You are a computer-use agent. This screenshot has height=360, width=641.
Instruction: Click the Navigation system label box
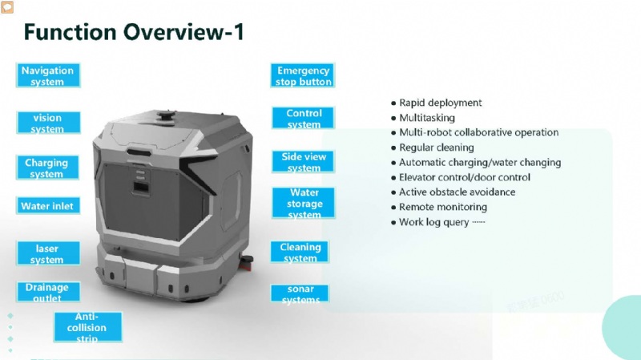48,75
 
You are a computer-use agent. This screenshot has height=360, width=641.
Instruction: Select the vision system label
48,123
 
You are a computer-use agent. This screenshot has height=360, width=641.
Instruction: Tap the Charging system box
47,168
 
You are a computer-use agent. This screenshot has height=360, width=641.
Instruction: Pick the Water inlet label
48,205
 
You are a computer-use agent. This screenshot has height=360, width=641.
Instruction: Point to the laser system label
48,253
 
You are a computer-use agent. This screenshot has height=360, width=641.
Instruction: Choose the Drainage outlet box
48,292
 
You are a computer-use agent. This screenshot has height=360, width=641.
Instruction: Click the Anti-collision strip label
88,327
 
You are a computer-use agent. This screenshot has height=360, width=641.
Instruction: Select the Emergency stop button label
303,75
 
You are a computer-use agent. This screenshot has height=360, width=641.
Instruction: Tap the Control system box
303,118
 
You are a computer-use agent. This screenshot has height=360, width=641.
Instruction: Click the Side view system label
303,162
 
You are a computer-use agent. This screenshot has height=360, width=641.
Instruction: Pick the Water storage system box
304,203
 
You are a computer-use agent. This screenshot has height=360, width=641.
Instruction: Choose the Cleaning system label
300,252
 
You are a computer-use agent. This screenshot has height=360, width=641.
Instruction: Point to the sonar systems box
300,293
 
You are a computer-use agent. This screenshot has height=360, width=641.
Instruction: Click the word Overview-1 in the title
183,32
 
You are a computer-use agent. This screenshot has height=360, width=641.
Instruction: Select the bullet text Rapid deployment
440,103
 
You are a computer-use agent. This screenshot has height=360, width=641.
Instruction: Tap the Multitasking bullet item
427,118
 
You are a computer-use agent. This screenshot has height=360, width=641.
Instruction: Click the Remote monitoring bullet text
443,207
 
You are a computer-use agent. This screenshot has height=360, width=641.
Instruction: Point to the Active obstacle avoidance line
457,192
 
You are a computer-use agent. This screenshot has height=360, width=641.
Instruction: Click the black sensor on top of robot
167,115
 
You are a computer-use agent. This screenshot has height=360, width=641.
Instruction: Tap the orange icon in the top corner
7,6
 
